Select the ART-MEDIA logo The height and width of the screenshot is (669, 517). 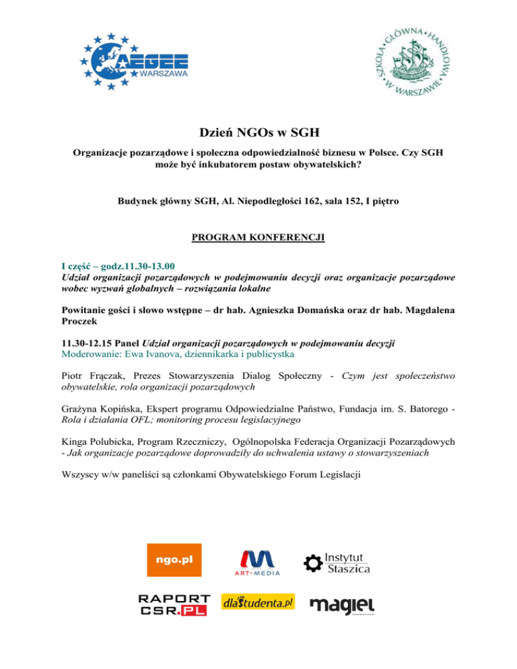(x=256, y=562)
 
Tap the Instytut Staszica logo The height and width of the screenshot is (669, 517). (x=337, y=561)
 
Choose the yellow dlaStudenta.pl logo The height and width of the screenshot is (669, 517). (x=258, y=602)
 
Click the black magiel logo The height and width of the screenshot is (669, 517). (x=342, y=604)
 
